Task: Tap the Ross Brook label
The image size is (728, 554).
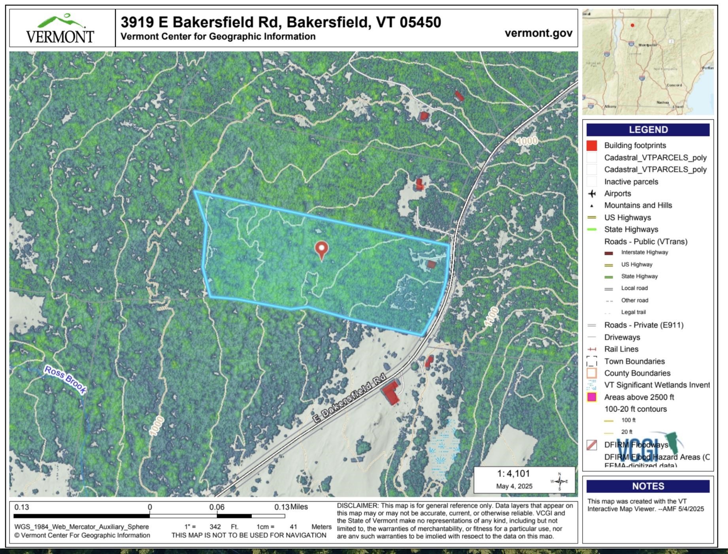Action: [65, 380]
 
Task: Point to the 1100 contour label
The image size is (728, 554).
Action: [491, 316]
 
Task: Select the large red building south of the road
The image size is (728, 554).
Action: [390, 392]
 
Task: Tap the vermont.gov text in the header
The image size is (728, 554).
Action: [538, 33]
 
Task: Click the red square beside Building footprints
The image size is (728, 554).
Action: [592, 146]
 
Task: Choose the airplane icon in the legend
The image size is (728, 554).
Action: [592, 194]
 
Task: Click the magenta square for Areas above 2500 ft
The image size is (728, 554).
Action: [592, 397]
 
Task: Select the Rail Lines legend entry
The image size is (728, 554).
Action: [621, 349]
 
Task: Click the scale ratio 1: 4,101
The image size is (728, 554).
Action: [513, 474]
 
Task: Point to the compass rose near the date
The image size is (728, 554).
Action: [559, 481]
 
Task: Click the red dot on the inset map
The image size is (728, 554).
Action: [632, 25]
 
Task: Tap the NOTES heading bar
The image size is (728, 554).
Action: [648, 486]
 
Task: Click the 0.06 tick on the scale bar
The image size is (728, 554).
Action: [217, 507]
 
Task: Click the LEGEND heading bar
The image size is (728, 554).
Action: [648, 130]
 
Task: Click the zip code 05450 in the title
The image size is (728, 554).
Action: [420, 22]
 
